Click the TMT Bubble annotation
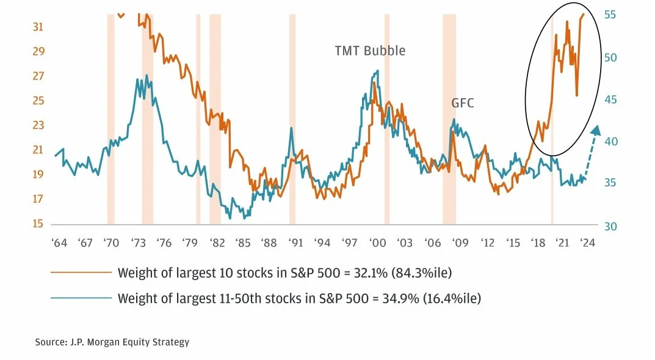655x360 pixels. pyautogui.click(x=370, y=51)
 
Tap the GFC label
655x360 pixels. pyautogui.click(x=463, y=104)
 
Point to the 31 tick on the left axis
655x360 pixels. pyautogui.click(x=38, y=27)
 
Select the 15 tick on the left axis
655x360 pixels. pyautogui.click(x=38, y=224)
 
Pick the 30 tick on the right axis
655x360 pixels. pyautogui.click(x=610, y=226)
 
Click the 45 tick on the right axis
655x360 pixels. pyautogui.click(x=610, y=99)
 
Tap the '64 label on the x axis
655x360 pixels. pyautogui.click(x=60, y=243)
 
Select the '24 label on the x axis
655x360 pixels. pyautogui.click(x=587, y=243)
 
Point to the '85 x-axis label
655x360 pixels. pyautogui.click(x=242, y=243)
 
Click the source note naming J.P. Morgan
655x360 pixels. pyautogui.click(x=112, y=342)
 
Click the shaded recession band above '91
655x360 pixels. pyautogui.click(x=292, y=116)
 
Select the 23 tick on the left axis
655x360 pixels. pyautogui.click(x=38, y=125)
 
